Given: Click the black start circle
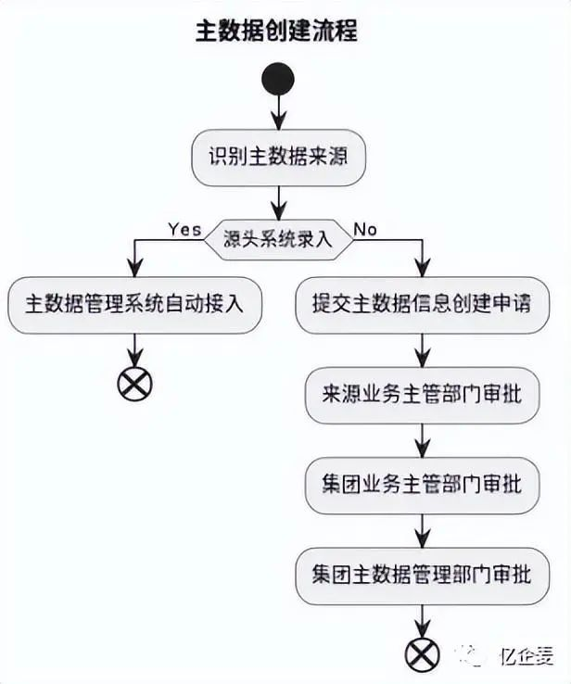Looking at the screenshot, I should (277, 80).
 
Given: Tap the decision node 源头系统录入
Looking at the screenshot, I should (277, 240).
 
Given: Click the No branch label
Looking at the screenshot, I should (365, 229).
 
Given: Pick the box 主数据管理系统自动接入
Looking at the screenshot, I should (135, 304).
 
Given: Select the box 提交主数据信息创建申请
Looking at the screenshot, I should (422, 304).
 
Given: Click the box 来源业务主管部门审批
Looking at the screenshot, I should (422, 394).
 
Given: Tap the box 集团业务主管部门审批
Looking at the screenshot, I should (422, 485).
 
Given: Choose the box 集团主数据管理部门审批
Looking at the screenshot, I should (422, 575).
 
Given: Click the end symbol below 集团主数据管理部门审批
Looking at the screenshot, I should (422, 654).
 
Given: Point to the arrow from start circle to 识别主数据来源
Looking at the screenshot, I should (277, 113).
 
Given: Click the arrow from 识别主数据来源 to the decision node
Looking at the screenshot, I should (277, 201).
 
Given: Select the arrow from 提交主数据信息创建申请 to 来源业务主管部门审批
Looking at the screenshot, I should (422, 349).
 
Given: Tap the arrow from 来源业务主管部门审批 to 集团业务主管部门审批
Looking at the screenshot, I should (422, 439).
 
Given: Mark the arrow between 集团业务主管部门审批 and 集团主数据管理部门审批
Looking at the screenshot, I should (422, 530).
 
